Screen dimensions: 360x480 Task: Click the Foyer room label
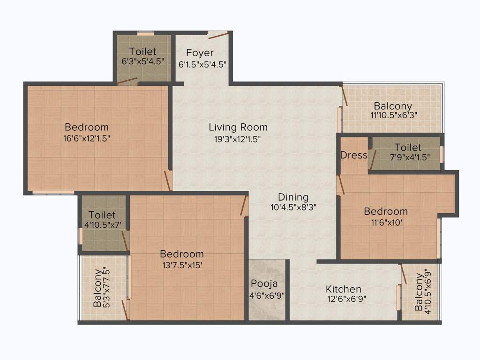[x=200, y=52]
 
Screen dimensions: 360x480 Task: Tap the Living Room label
[x=238, y=127]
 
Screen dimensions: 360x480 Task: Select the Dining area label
[x=293, y=197]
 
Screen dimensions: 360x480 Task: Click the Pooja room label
[x=264, y=284]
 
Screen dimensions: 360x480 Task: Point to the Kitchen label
[x=344, y=289]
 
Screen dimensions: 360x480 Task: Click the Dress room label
[x=353, y=155]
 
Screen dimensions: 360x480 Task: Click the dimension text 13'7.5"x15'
[x=182, y=265]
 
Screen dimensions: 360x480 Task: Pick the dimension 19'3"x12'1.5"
[x=238, y=139]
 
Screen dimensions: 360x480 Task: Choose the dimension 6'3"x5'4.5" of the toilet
[x=143, y=61]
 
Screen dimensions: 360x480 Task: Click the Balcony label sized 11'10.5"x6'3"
[x=393, y=106]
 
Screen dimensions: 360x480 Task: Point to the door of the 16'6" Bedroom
[x=167, y=180]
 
